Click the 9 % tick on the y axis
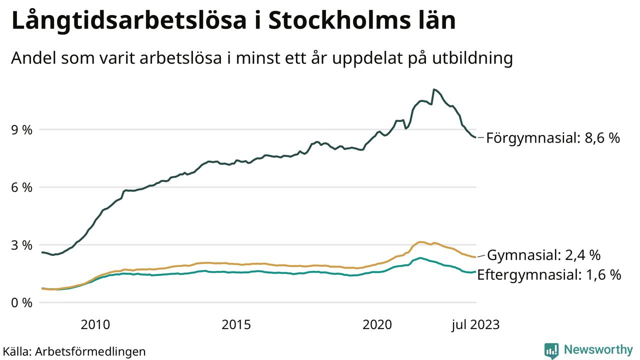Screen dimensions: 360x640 (x=21, y=130)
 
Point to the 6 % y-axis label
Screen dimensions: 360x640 (x=21, y=187)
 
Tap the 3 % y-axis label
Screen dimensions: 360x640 (x=21, y=245)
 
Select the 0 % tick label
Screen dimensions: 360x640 (x=21, y=303)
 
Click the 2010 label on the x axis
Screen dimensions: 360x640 (x=95, y=324)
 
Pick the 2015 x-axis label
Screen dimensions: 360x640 (x=236, y=324)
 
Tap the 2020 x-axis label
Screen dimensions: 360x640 (x=377, y=324)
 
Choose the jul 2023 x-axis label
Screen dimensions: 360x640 (x=475, y=324)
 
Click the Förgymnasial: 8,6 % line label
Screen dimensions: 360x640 (x=552, y=138)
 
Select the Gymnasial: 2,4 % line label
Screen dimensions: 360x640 (x=543, y=255)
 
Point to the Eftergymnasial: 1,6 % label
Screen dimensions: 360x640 (x=549, y=274)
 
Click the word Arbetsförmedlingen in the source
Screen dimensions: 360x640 (x=90, y=351)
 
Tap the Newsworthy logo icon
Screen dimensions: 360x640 (x=551, y=350)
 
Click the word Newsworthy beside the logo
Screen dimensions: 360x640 (x=598, y=349)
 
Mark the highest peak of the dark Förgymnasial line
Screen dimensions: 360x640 (x=433, y=89)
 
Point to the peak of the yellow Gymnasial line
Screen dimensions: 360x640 (x=420, y=242)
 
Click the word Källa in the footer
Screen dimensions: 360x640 (x=16, y=351)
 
